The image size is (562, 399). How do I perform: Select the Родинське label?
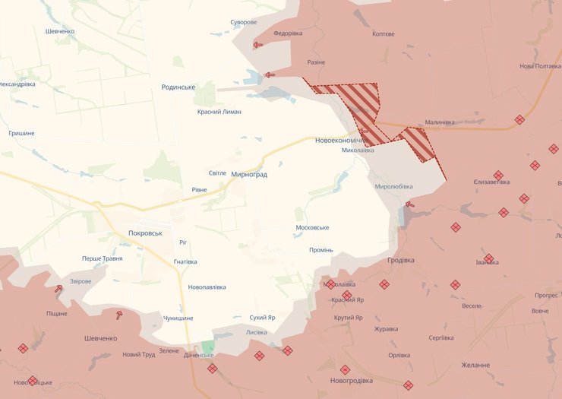(x=178, y=87)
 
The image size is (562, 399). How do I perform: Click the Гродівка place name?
(x=400, y=260)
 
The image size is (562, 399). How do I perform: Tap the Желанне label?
(x=475, y=365)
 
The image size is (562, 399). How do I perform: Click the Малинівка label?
(x=440, y=122)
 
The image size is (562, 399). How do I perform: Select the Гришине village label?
(x=21, y=133)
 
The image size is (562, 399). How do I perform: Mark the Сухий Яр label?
(x=262, y=317)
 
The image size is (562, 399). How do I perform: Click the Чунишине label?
(x=178, y=318)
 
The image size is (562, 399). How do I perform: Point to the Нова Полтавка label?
(x=540, y=66)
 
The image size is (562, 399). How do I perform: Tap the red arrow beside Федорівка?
(x=258, y=45)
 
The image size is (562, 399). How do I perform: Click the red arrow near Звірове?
(x=58, y=288)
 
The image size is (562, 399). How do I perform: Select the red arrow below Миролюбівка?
(x=410, y=204)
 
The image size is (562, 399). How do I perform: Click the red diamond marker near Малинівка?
(x=519, y=119)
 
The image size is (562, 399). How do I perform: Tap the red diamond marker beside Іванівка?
(x=488, y=258)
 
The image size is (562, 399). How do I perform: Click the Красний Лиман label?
(x=219, y=112)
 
